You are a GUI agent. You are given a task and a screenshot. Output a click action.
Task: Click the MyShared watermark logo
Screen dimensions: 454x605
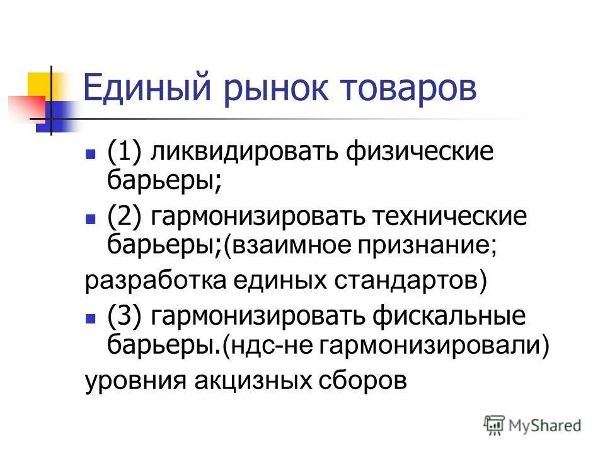533,425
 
